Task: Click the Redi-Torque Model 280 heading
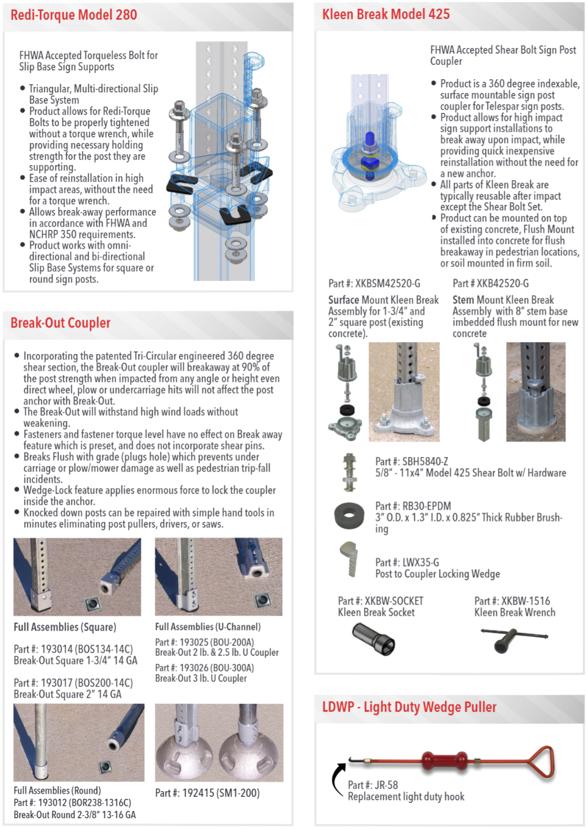(73, 15)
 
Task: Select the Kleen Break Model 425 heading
(385, 14)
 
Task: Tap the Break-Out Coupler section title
(60, 323)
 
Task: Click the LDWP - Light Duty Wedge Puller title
(409, 707)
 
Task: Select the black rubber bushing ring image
(349, 516)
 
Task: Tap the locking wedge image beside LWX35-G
(349, 559)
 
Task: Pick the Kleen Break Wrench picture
(513, 639)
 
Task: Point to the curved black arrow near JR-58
(337, 778)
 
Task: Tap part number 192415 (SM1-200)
(207, 793)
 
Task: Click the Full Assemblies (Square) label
(65, 627)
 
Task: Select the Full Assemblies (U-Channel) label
(208, 626)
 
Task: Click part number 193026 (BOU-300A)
(204, 668)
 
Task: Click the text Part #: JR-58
(373, 785)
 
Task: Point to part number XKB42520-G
(491, 283)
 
